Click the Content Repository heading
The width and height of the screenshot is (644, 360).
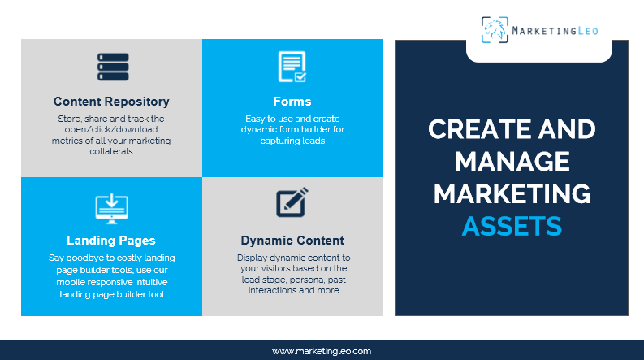point(111,102)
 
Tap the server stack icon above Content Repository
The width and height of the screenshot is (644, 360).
point(111,67)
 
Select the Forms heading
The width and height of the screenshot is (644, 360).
point(292,102)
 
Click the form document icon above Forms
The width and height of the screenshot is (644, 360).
point(292,67)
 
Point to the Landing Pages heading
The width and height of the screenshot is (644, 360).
point(111,241)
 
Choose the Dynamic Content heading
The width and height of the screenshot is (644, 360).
point(292,241)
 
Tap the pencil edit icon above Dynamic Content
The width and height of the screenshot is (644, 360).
point(292,203)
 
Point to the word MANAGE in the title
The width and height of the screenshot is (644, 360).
point(512,162)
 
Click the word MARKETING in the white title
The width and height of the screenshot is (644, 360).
point(512,194)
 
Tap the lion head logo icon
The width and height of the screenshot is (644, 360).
point(495,31)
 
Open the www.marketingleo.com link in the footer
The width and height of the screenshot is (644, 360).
point(322,351)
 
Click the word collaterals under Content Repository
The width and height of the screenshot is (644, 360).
point(111,151)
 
